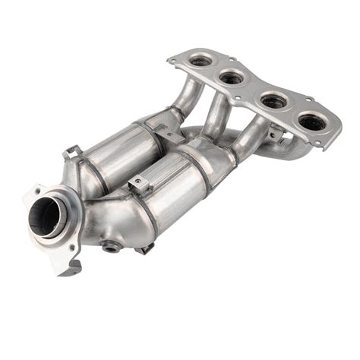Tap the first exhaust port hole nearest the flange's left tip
201,59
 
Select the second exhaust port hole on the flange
232,77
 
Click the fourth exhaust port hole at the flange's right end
311,121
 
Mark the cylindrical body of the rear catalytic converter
122,152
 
